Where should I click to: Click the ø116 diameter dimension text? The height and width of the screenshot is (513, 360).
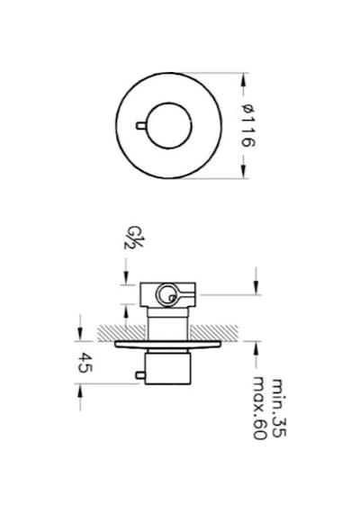(x=247, y=126)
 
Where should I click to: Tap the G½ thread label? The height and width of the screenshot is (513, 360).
(x=133, y=238)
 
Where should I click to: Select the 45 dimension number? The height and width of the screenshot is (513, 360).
(x=85, y=363)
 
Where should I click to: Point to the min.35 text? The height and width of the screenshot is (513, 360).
(x=279, y=408)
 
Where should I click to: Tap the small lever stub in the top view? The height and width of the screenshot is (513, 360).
(x=141, y=126)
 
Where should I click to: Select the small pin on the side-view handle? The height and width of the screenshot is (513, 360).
(x=140, y=375)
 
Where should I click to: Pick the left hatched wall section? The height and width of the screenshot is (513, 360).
(x=122, y=333)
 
